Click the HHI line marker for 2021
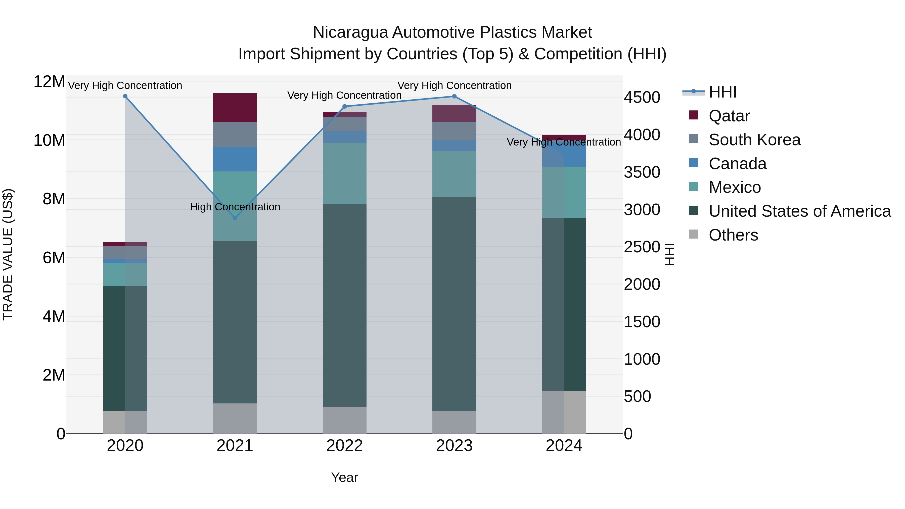(235, 218)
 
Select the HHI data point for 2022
(345, 106)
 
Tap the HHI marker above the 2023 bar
(454, 96)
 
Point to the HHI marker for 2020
(125, 96)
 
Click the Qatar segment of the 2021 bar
(235, 108)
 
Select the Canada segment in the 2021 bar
(235, 159)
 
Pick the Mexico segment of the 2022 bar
(345, 173)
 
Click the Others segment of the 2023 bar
(454, 422)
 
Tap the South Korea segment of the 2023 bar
(454, 131)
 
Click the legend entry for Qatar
(729, 116)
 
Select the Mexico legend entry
(735, 187)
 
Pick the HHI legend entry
(722, 92)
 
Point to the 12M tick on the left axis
(49, 82)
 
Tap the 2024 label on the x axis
(564, 446)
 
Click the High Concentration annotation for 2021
(235, 207)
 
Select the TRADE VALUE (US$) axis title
(8, 254)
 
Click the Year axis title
(344, 477)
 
